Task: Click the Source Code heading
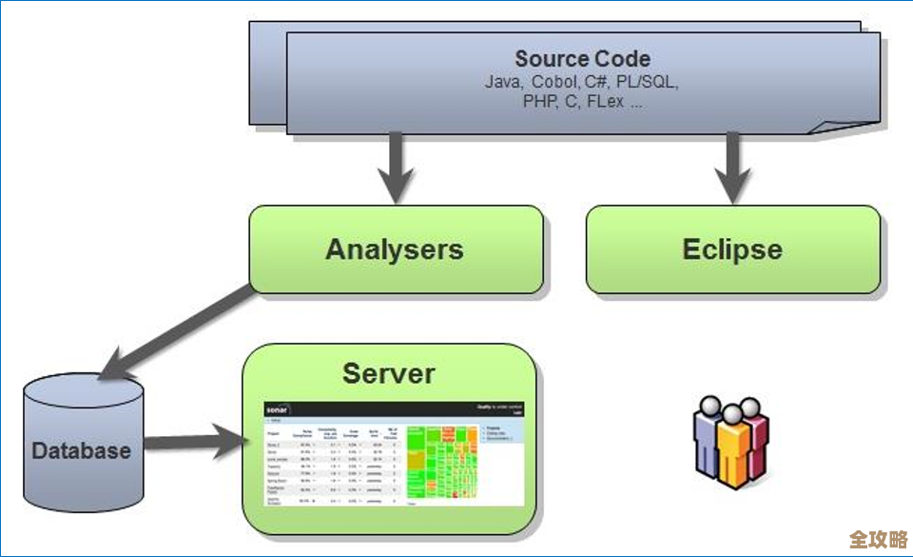pyautogui.click(x=582, y=59)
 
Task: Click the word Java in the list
pyautogui.click(x=503, y=83)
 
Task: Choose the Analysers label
pyautogui.click(x=395, y=249)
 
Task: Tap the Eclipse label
pyautogui.click(x=732, y=249)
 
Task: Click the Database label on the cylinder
pyautogui.click(x=81, y=450)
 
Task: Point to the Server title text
pyautogui.click(x=388, y=373)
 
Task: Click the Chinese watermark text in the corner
pyautogui.click(x=877, y=539)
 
